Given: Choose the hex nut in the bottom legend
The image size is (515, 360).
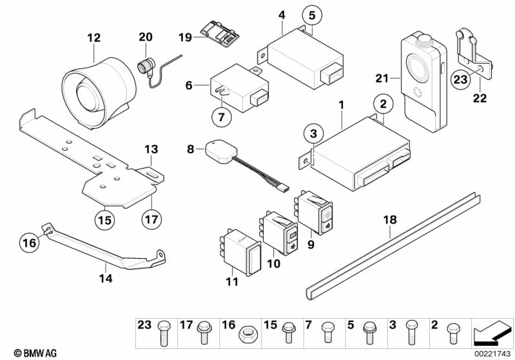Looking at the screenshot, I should [246, 334].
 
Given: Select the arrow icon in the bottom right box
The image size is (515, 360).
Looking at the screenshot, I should [491, 333].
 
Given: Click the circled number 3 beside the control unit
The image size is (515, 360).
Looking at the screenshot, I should [313, 134].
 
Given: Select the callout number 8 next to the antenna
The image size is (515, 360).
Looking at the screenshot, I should [191, 148].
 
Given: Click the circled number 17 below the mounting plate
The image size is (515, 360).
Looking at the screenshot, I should [150, 220].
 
